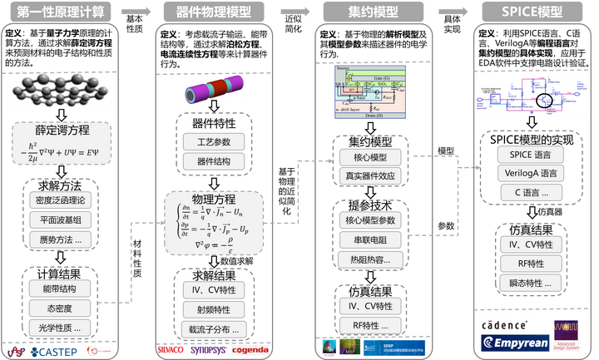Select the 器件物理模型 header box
click(215, 12)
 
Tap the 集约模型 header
click(373, 12)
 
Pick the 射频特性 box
click(215, 309)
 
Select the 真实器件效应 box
click(373, 175)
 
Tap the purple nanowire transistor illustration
click(215, 87)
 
